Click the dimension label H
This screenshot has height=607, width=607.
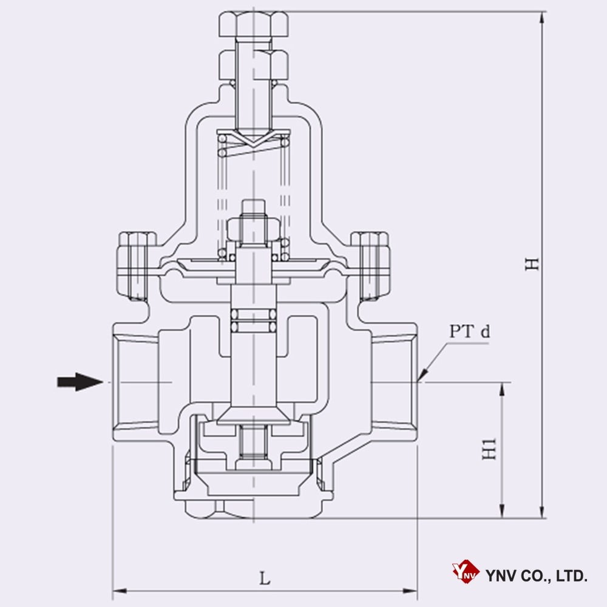pyautogui.click(x=532, y=264)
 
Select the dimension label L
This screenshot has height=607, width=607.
pyautogui.click(x=265, y=577)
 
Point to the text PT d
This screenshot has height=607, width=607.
pyautogui.click(x=469, y=331)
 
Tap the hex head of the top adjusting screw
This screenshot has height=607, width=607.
pyautogui.click(x=253, y=25)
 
